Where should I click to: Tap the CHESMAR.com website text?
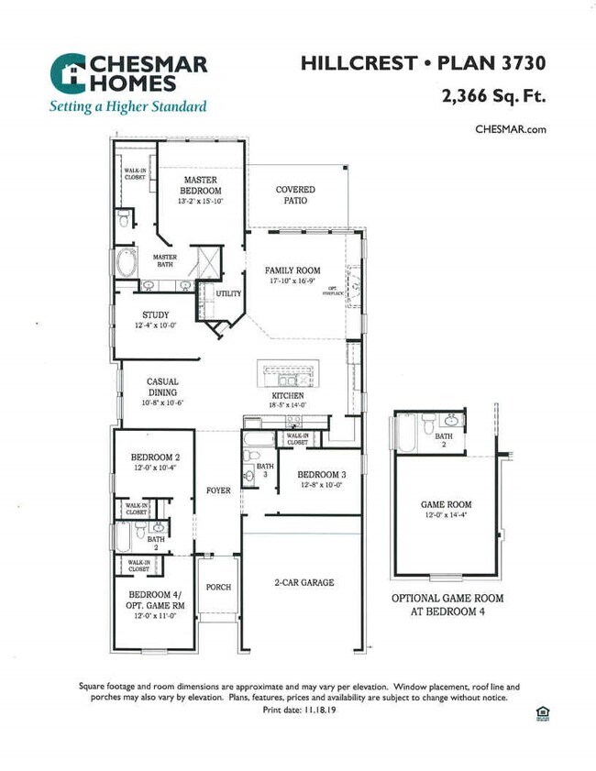pyautogui.click(x=511, y=129)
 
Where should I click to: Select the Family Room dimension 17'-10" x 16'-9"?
pyautogui.click(x=292, y=281)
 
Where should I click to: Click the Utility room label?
pyautogui.click(x=228, y=294)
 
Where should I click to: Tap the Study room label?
pyautogui.click(x=155, y=315)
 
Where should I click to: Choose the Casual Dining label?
pyautogui.click(x=162, y=387)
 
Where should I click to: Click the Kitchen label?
pyautogui.click(x=287, y=396)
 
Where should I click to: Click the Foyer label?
pyautogui.click(x=218, y=491)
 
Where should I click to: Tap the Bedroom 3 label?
pyautogui.click(x=321, y=474)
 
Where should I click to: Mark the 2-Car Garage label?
pyautogui.click(x=304, y=582)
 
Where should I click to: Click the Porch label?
pyautogui.click(x=218, y=587)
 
